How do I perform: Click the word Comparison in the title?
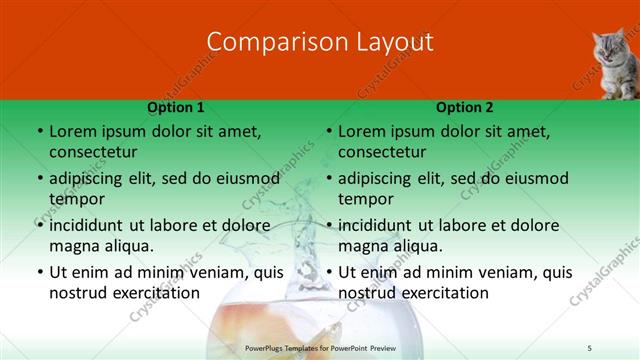pyautogui.click(x=265, y=42)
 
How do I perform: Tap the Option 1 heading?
pyautogui.click(x=176, y=107)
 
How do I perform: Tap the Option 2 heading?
pyautogui.click(x=465, y=107)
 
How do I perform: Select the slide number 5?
pyautogui.click(x=590, y=346)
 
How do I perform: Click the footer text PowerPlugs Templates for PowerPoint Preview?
pyautogui.click(x=319, y=346)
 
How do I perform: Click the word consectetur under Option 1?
pyautogui.click(x=93, y=152)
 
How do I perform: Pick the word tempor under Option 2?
pyautogui.click(x=364, y=199)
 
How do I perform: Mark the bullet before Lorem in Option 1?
pyautogui.click(x=39, y=131)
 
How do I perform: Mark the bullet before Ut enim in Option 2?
pyautogui.click(x=328, y=272)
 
